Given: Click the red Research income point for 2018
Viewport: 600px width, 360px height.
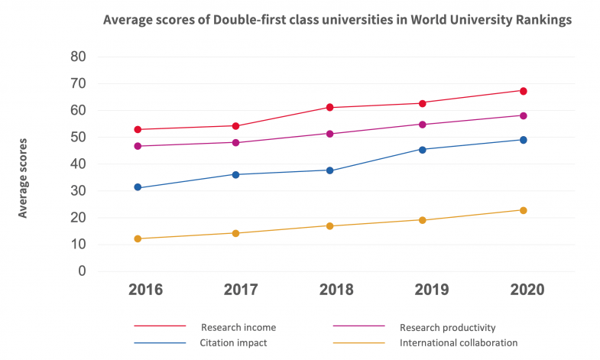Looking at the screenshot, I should (330, 107).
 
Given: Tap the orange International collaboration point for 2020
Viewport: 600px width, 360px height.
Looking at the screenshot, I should (524, 210).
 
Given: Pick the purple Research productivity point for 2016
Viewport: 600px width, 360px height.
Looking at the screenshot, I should (138, 146).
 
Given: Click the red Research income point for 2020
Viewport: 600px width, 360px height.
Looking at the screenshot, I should (524, 91).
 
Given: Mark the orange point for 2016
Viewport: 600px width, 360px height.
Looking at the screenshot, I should (138, 238).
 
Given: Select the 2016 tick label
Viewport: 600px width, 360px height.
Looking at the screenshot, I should (145, 290).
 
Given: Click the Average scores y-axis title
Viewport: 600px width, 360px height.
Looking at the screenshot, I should (23, 177).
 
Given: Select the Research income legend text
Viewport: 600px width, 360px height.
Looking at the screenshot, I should (238, 327).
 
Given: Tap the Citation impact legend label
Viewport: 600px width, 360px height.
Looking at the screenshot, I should (234, 342).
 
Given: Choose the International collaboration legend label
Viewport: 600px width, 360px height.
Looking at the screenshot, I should (459, 342).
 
